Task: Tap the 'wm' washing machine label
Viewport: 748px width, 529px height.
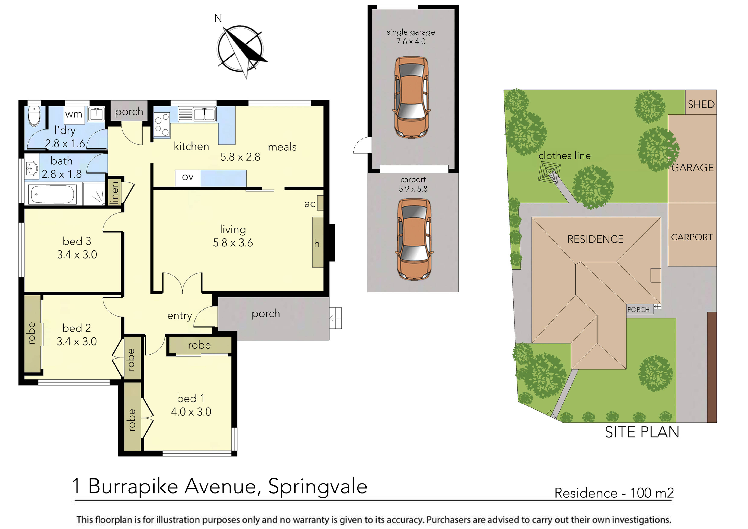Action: [74, 114]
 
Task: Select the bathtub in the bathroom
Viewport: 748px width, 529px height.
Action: [52, 195]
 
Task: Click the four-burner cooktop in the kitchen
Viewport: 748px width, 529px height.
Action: [162, 124]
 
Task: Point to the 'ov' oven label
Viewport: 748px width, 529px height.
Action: [188, 177]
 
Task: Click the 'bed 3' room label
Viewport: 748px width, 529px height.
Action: [77, 241]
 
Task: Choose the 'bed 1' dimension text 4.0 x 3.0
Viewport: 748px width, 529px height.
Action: [191, 412]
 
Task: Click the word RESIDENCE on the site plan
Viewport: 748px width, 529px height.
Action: [596, 239]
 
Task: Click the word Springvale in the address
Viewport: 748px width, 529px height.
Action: [318, 487]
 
